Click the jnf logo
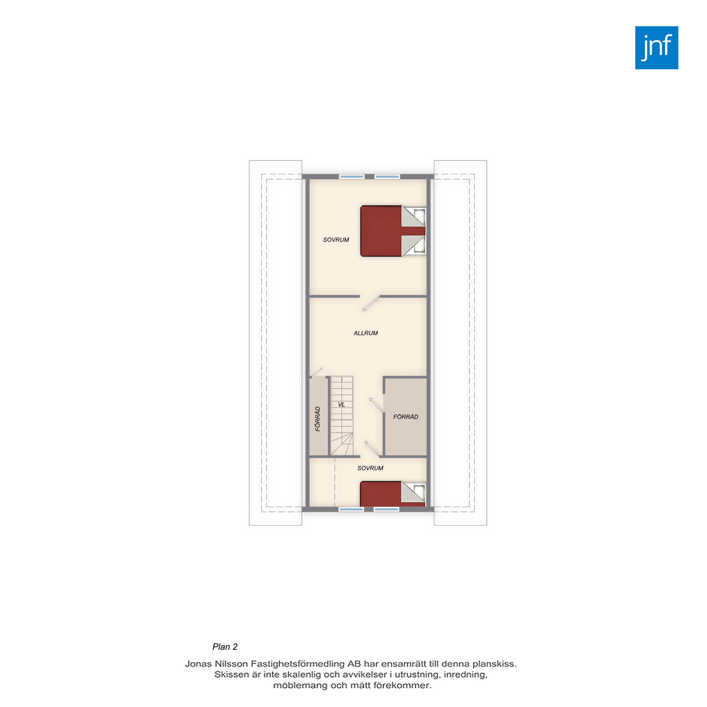[x=656, y=48]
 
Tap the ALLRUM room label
[x=366, y=333]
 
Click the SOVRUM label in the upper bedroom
[x=336, y=240]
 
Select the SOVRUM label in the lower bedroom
[x=370, y=468]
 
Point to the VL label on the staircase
[x=341, y=404]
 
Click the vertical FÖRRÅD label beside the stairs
[x=318, y=419]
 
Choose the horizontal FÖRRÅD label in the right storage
[x=405, y=417]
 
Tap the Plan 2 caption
[x=225, y=647]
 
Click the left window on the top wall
[x=351, y=176]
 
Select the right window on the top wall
[x=387, y=176]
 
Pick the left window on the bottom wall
[x=351, y=509]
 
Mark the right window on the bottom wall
[x=386, y=509]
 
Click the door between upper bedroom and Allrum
[x=370, y=304]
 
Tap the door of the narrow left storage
[x=316, y=372]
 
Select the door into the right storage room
[x=376, y=405]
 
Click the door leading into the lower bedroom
[x=372, y=449]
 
